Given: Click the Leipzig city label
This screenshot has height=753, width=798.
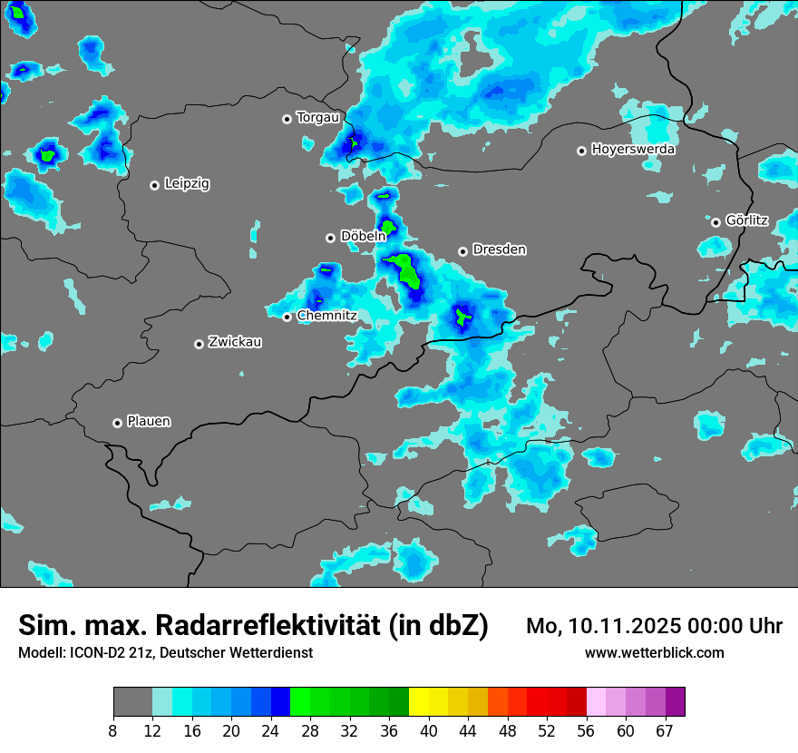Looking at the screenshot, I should point(187,183).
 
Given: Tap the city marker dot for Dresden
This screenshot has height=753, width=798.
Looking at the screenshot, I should point(462,250).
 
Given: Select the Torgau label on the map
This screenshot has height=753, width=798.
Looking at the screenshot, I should point(317,117).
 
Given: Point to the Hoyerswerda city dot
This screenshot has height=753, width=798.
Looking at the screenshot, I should point(581,151).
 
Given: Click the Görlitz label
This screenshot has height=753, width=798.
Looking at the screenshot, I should point(747,220).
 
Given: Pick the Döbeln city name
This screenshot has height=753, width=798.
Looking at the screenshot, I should point(363,236).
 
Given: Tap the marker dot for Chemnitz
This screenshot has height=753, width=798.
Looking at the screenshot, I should point(287,317).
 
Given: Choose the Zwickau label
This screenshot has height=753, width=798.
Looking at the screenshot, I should point(235,342).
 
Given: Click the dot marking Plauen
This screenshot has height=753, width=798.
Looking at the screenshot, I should point(117,423).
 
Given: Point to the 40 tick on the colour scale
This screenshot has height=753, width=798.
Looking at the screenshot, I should point(428,731).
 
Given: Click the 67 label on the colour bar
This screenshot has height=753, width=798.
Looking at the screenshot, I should point(665,731).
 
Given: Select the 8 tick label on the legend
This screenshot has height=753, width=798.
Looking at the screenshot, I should point(113,731).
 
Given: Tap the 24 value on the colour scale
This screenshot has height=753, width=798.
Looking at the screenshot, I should point(271,731).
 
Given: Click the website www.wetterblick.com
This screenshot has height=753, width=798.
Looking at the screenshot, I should point(654,652).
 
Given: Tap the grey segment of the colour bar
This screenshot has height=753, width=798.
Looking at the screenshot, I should point(132,702).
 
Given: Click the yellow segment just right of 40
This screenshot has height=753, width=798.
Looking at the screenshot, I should point(418,702).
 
